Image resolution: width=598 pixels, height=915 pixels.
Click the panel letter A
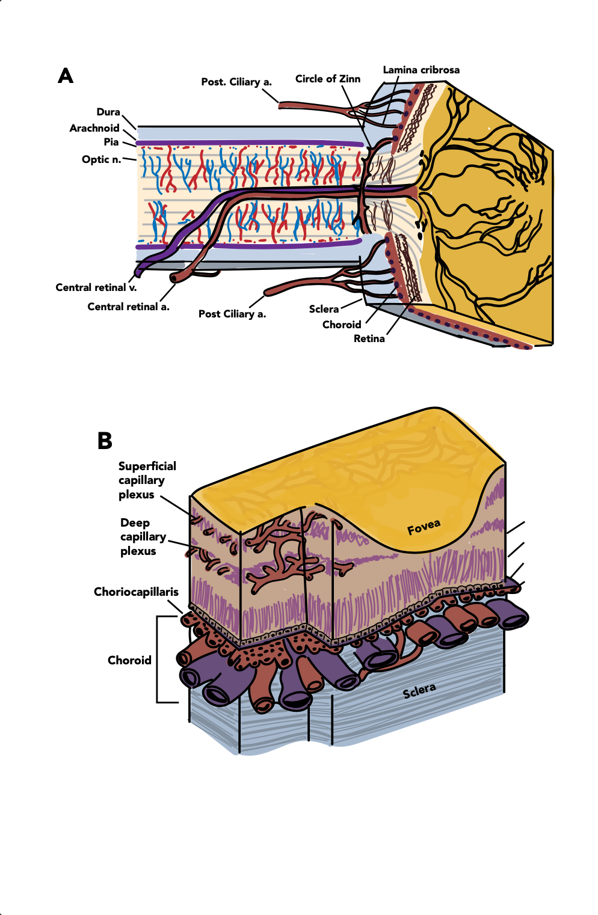66,76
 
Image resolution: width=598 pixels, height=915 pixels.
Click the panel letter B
105,441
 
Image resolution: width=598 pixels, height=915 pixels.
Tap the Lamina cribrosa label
421,70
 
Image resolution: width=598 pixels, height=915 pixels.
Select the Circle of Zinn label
328,79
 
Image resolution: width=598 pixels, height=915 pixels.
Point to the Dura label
108,112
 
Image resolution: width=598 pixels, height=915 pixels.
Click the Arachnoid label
94,128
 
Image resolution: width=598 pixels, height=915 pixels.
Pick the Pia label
111,142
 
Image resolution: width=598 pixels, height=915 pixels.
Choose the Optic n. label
102,159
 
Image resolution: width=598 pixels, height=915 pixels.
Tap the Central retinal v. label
96,287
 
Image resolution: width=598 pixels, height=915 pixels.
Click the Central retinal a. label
128,307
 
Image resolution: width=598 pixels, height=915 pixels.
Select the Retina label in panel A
369,338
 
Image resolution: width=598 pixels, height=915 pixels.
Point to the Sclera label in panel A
324,309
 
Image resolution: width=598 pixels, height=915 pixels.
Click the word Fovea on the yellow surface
424,527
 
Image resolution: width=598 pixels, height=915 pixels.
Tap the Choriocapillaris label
136,592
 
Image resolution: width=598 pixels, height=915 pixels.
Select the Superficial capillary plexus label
147,480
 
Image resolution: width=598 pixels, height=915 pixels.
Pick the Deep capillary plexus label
143,537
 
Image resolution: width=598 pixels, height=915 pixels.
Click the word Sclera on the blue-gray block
419,691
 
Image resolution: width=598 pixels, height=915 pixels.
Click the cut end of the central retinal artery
174,278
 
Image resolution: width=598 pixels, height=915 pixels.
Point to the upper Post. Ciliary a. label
236,82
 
